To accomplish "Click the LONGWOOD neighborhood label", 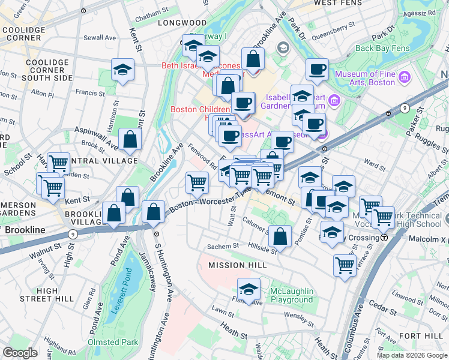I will [173, 23].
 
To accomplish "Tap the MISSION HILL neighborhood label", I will [236, 265].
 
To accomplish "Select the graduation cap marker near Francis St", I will [122, 70].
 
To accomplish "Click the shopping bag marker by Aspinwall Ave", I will [130, 141].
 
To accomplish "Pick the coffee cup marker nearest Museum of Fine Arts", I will [316, 70].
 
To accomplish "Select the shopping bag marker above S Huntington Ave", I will [154, 212].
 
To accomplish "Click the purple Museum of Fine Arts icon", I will [404, 77].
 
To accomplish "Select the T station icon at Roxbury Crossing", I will [384, 237].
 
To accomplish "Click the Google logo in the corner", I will [20, 353].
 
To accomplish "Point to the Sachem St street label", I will [223, 245].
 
